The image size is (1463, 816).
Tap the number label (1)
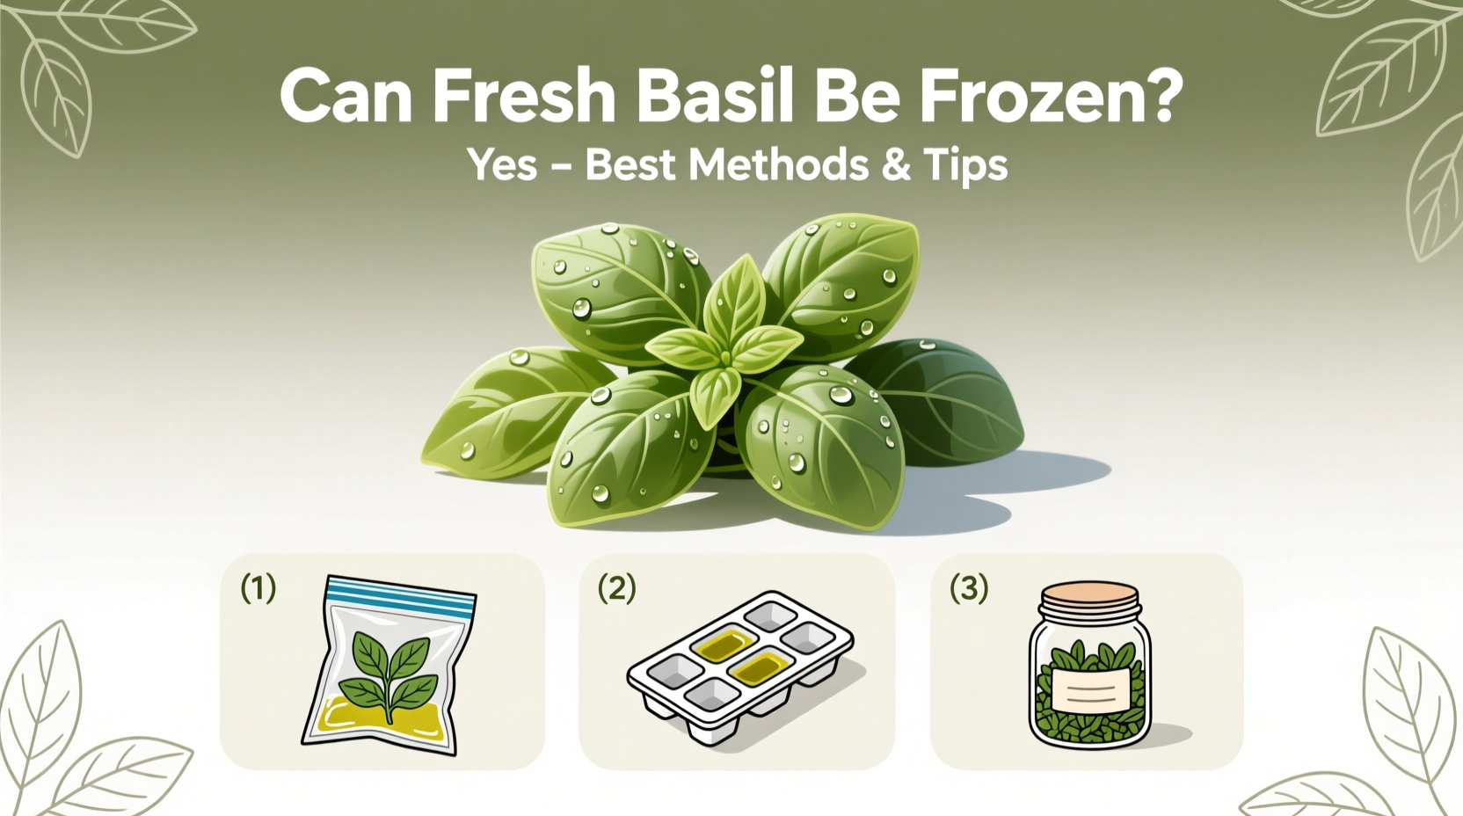coord(258,588)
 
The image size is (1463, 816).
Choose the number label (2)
coord(616,588)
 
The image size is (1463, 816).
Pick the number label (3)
coord(969,588)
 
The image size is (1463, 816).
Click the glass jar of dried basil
coord(1090,668)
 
